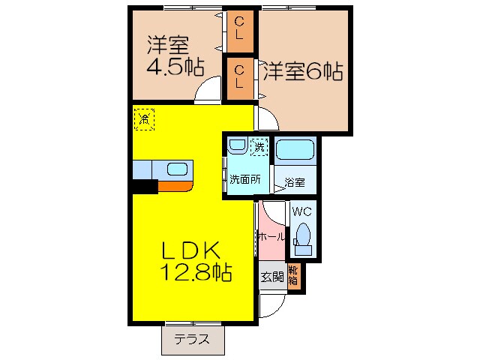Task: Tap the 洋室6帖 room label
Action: click(x=302, y=72)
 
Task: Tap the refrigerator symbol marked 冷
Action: click(x=144, y=118)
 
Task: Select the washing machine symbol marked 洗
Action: click(x=259, y=146)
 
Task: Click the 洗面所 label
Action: click(x=244, y=179)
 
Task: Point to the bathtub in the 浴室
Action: click(x=295, y=151)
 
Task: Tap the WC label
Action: click(x=303, y=211)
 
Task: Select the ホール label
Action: click(x=271, y=236)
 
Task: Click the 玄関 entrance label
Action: click(x=271, y=277)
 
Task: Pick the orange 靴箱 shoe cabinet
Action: click(x=295, y=277)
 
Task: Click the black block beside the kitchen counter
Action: click(x=145, y=187)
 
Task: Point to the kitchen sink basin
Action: click(x=178, y=169)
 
